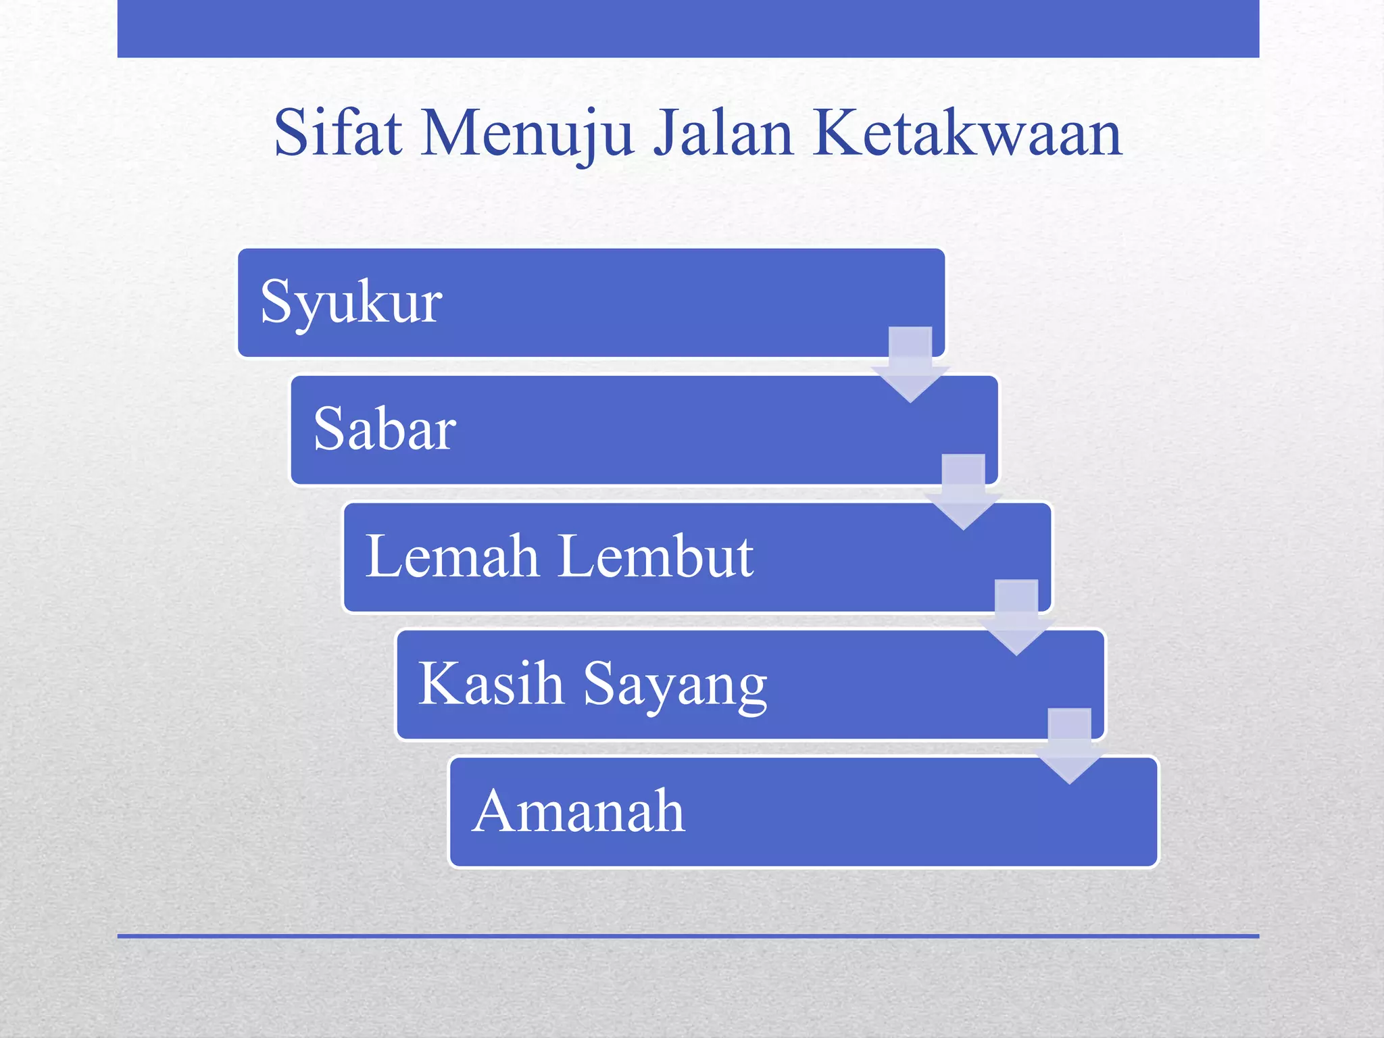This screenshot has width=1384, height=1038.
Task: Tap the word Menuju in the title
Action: pyautogui.click(x=526, y=134)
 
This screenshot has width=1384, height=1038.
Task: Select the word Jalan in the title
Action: pyautogui.click(x=722, y=134)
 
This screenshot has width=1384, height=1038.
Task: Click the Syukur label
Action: pyautogui.click(x=351, y=303)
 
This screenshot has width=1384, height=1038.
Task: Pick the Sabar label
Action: pyautogui.click(x=385, y=429)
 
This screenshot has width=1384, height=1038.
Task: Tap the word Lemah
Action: pyautogui.click(x=452, y=556)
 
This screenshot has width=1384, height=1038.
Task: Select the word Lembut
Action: pyautogui.click(x=656, y=556)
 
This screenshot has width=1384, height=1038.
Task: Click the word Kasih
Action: pyautogui.click(x=491, y=683)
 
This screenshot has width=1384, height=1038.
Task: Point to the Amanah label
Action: pyautogui.click(x=578, y=810)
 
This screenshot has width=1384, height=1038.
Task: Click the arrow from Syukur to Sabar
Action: pyautogui.click(x=910, y=364)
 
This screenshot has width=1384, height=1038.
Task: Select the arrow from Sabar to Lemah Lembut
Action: pyautogui.click(x=963, y=491)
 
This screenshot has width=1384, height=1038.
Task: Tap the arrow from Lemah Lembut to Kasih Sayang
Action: pyautogui.click(x=1016, y=617)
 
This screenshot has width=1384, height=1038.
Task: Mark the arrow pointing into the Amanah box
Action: pyautogui.click(x=1069, y=745)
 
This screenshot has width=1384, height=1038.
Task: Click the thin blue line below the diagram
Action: pyautogui.click(x=688, y=936)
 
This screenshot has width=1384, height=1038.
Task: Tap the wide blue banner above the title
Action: pyautogui.click(x=688, y=28)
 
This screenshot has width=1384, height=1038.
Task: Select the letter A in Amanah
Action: pyautogui.click(x=495, y=810)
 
